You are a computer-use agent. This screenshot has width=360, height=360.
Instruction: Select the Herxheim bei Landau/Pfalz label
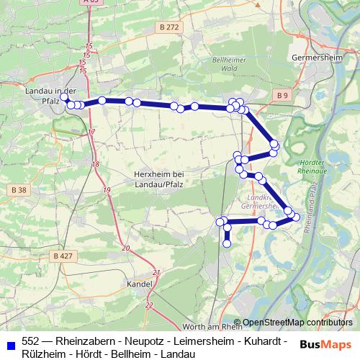tap(160, 179)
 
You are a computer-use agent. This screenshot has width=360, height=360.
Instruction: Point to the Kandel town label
tap(138, 284)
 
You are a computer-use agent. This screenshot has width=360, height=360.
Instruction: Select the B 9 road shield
tap(282, 94)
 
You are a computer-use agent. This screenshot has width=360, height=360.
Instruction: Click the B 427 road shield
tap(63, 256)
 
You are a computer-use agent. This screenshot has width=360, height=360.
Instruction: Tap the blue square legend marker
tap(10, 342)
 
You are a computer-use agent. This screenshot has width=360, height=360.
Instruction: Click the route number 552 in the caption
tap(30, 341)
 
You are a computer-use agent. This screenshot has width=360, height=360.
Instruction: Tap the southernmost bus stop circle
tap(227, 243)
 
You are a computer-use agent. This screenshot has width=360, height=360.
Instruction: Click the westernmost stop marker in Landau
tap(64, 96)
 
